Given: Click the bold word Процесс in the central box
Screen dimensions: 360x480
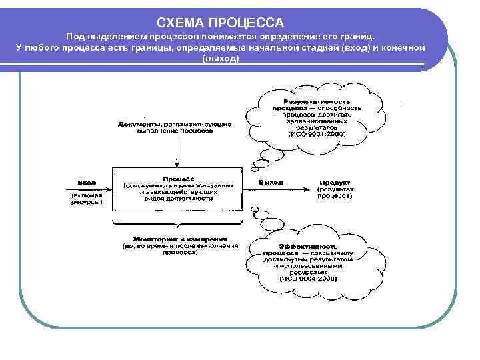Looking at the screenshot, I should pyautogui.click(x=177, y=179).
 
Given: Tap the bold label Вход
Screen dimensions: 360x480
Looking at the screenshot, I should pyautogui.click(x=87, y=182).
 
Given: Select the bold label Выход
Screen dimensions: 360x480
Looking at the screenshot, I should pyautogui.click(x=270, y=182).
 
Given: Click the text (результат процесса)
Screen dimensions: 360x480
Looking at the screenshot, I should pyautogui.click(x=335, y=193).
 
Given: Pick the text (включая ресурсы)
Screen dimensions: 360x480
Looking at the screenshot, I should pyautogui.click(x=87, y=198).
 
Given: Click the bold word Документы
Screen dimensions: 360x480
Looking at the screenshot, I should pyautogui.click(x=139, y=125).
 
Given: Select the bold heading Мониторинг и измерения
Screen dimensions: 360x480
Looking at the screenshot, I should pyautogui.click(x=180, y=239).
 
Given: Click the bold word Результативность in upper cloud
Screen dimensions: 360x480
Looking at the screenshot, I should pyautogui.click(x=317, y=98).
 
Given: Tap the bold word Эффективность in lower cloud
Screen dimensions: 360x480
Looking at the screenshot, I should pyautogui.click(x=307, y=246).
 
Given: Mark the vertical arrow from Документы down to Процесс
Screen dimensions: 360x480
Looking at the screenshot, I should pyautogui.click(x=177, y=150).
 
